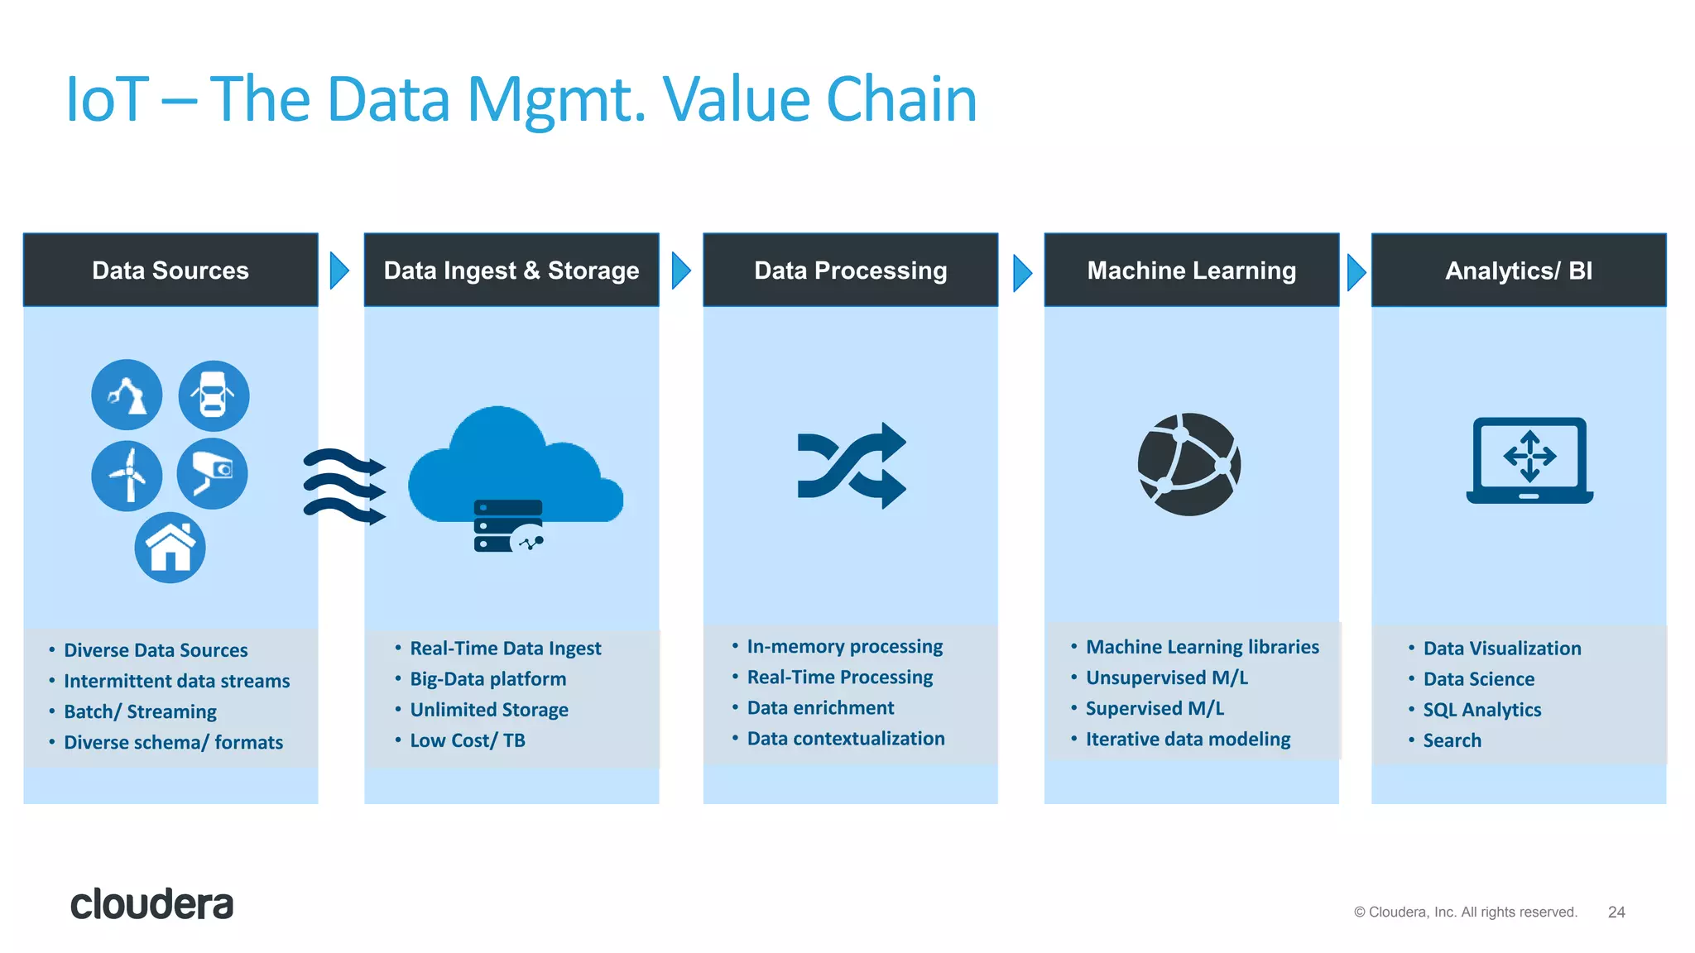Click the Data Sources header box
click(x=170, y=271)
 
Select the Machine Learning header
click(x=1191, y=271)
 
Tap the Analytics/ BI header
click(x=1518, y=271)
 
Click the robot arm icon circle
click(x=127, y=395)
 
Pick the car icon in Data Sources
click(x=214, y=395)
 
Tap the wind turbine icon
click(x=127, y=476)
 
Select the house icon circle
click(x=170, y=548)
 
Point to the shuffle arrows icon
click(x=851, y=466)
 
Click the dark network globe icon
click(x=1188, y=464)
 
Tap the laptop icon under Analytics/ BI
click(x=1529, y=461)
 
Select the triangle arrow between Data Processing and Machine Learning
click(x=1022, y=272)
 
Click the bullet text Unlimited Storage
click(x=488, y=710)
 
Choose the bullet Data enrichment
click(x=820, y=708)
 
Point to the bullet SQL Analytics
click(x=1481, y=710)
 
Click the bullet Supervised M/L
click(x=1155, y=709)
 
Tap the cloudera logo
click(x=151, y=904)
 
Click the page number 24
click(x=1616, y=912)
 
